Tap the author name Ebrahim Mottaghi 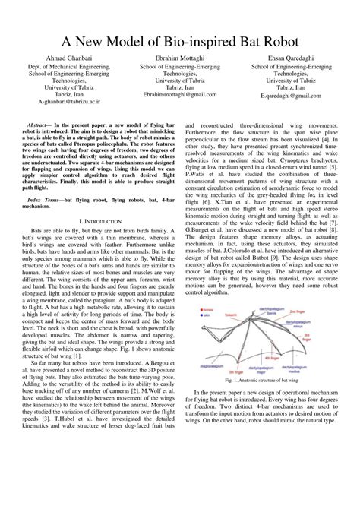pos(179,58)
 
